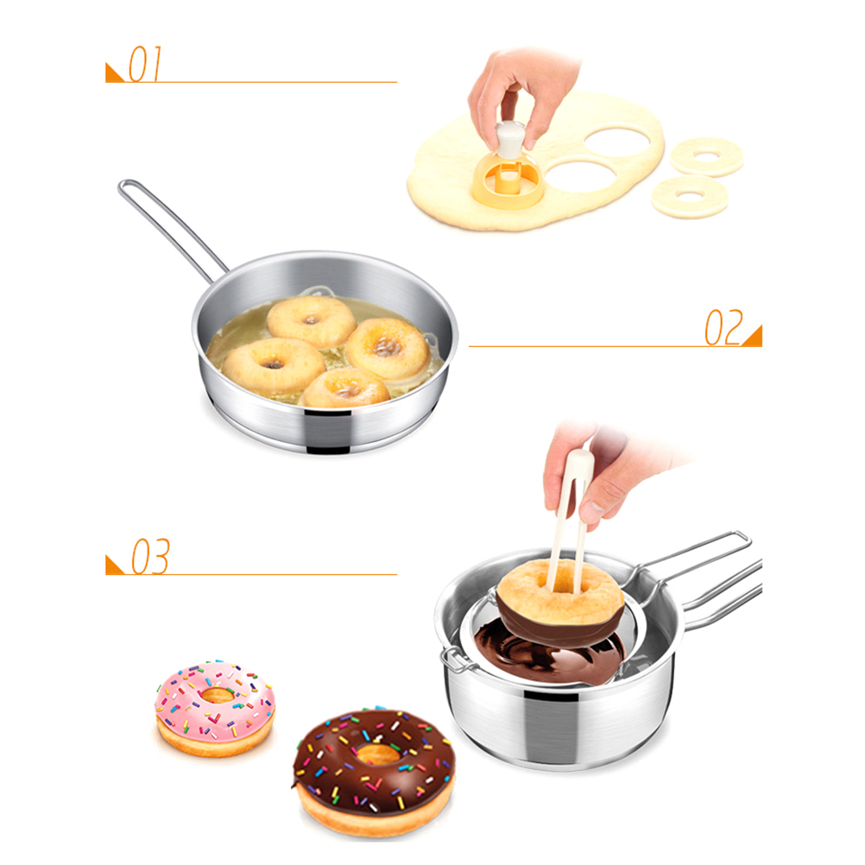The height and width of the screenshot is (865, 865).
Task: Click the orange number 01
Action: point(145,64)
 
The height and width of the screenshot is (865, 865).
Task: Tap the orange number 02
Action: point(723,328)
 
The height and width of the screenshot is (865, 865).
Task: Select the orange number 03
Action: point(150,557)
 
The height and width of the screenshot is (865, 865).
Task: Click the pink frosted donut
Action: point(215,708)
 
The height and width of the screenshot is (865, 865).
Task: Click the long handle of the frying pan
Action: point(171,229)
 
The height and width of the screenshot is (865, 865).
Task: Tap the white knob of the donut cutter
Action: point(509,139)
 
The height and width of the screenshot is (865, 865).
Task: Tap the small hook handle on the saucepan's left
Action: point(451,660)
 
